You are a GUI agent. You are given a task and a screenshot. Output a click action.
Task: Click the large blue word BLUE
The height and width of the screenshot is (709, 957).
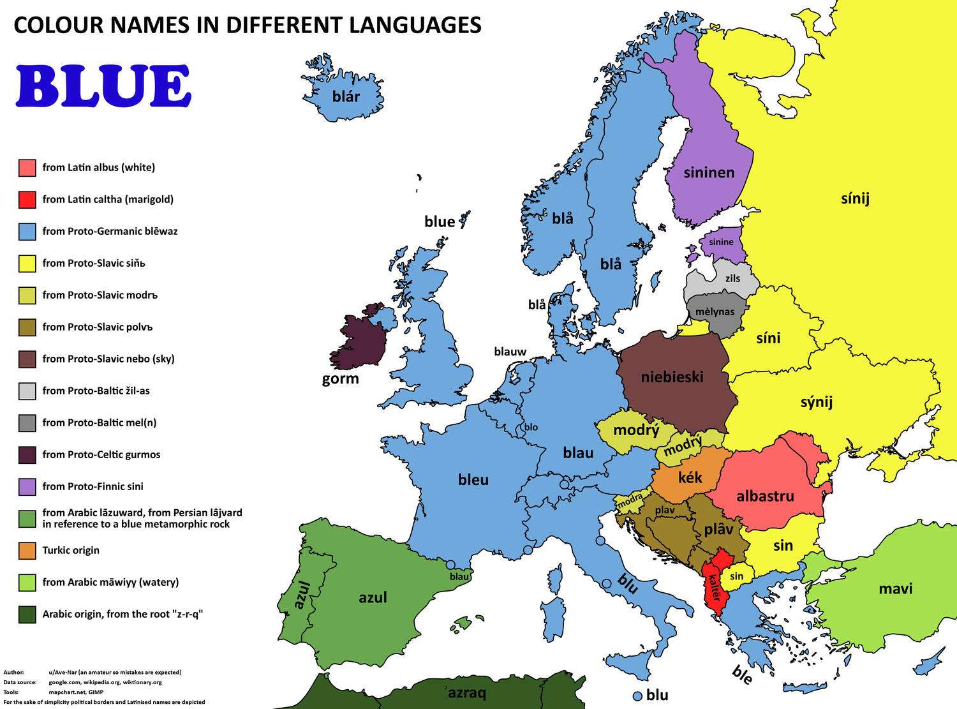coord(103,86)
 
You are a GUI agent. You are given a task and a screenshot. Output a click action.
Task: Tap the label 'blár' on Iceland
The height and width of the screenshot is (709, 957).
coord(346,97)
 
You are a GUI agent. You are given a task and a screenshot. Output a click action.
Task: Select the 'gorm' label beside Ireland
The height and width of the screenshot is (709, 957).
coord(340,378)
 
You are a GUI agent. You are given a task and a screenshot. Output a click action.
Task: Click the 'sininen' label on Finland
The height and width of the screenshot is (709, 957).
coord(709,172)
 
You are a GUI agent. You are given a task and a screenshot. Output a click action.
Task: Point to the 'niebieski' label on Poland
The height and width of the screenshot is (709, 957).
coord(672,377)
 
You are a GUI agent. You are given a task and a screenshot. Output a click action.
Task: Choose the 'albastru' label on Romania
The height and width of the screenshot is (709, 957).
coord(765,496)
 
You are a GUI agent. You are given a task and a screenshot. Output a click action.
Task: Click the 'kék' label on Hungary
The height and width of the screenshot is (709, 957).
coord(690,477)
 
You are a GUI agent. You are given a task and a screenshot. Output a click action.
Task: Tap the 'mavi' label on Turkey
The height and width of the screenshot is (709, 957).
coord(895,588)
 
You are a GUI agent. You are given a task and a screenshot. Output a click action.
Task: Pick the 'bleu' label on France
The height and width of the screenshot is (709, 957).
coord(473,480)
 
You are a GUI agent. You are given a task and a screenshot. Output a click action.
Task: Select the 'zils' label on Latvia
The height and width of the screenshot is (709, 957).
coord(732,278)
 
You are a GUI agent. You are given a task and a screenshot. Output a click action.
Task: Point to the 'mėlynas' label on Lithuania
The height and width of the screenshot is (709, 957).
coord(715,312)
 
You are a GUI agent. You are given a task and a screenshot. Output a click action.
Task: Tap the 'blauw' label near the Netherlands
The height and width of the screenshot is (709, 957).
coord(510,352)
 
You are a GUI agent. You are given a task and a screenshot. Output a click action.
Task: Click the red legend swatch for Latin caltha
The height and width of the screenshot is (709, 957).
coord(27,200)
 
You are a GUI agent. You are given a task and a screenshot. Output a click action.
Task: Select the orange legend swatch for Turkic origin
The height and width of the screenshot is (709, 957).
coord(27,551)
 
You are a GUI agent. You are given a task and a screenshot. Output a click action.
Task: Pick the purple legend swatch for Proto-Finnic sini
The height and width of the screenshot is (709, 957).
coord(27,487)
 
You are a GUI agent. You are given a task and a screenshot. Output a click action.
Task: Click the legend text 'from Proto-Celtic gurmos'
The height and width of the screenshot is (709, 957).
coord(101,454)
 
